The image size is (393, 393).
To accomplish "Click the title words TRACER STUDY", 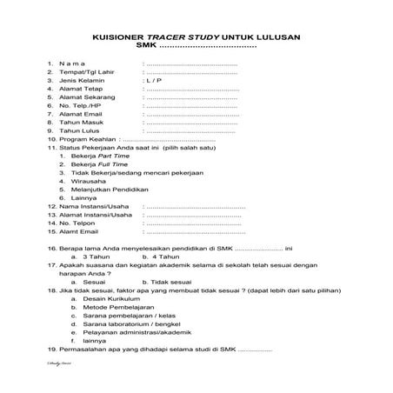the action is tap(185, 37).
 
